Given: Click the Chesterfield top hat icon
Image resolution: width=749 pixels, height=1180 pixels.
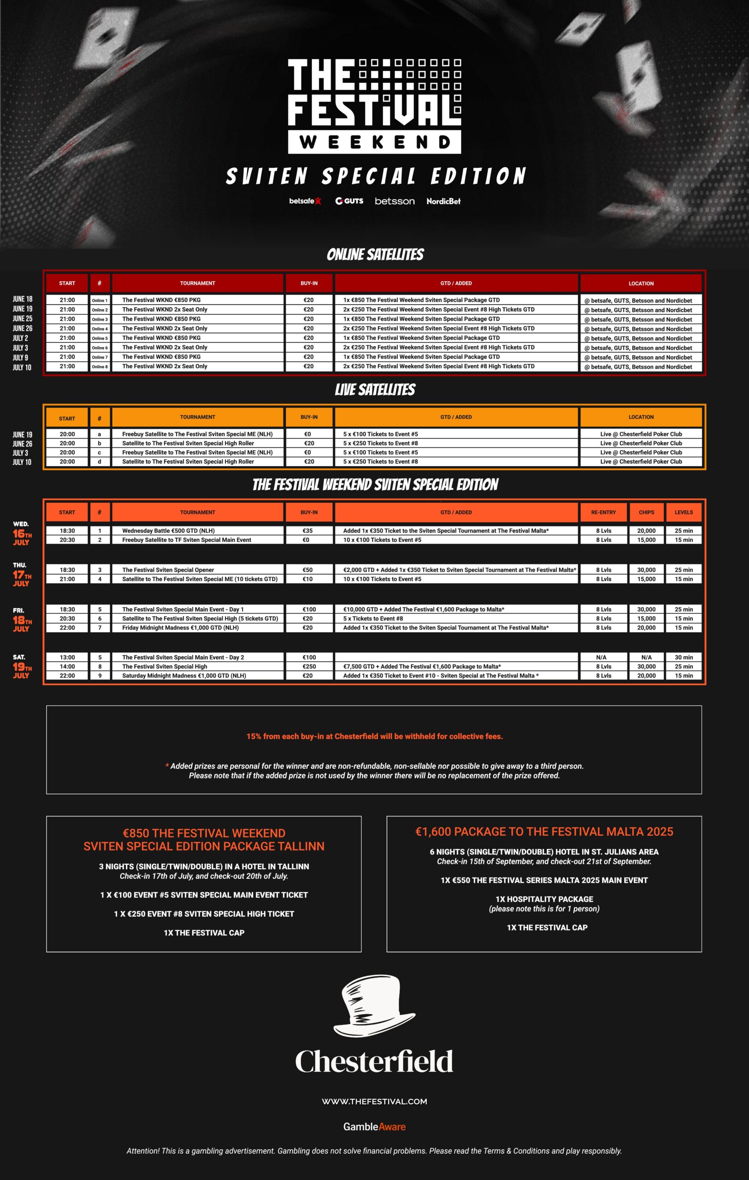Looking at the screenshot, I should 374,1005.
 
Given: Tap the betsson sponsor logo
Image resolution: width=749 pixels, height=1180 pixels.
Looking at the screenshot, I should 395,201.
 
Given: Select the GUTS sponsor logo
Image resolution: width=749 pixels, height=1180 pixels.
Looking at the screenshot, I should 349,201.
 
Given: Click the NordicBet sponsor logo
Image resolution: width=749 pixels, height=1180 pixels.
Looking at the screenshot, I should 443,201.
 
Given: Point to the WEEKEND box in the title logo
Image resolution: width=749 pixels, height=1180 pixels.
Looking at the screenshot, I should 374,142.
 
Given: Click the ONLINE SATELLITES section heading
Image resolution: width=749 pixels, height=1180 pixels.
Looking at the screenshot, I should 375,254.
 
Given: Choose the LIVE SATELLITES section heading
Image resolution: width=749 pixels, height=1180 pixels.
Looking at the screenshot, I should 375,389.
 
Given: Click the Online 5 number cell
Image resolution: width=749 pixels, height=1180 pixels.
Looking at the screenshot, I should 100,338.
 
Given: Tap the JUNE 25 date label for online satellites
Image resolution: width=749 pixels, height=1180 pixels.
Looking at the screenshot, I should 23,319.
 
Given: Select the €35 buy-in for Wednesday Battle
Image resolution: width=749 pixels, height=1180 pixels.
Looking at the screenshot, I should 308,531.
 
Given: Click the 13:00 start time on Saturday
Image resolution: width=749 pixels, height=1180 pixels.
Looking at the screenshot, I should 67,657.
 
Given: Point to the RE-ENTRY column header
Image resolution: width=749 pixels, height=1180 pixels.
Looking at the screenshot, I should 603,512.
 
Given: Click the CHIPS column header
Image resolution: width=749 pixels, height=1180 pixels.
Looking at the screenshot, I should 646,512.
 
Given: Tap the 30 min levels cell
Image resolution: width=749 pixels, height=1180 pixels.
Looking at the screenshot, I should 684,657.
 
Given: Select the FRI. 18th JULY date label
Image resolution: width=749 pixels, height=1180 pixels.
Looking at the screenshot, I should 22,619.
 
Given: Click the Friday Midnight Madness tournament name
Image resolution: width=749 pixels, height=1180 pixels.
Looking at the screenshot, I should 180,628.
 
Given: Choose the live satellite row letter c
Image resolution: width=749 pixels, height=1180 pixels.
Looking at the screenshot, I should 100,452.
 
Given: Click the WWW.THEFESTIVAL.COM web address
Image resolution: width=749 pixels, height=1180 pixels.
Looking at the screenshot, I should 374,1102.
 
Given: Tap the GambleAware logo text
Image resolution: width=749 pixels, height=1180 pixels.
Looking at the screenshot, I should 374,1127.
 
